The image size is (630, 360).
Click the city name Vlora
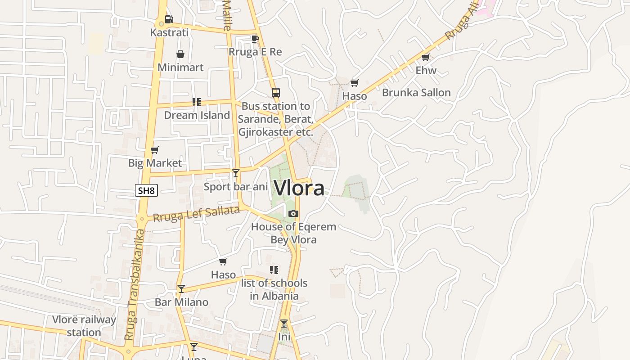pyautogui.click(x=299, y=188)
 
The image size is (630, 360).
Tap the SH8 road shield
pyautogui.click(x=146, y=191)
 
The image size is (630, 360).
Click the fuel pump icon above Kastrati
pyautogui.click(x=169, y=19)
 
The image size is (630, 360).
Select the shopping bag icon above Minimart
pyautogui.click(x=180, y=54)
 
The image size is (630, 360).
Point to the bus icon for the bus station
pyautogui.click(x=276, y=93)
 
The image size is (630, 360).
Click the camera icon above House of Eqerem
pyautogui.click(x=293, y=214)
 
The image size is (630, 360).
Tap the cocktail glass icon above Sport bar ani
pyautogui.click(x=236, y=173)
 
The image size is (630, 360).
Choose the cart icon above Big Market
pyautogui.click(x=155, y=150)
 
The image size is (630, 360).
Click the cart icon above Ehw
pyautogui.click(x=426, y=57)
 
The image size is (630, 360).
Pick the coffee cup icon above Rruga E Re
pyautogui.click(x=255, y=39)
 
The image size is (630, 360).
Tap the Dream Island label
pyautogui.click(x=197, y=115)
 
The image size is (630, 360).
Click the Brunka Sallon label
pyautogui.click(x=416, y=93)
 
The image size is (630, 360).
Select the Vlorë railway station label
pyautogui.click(x=84, y=326)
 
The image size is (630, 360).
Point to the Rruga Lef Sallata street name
pyautogui.click(x=196, y=214)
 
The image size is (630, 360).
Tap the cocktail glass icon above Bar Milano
pyautogui.click(x=181, y=289)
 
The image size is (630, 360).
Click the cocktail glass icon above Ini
pyautogui.click(x=284, y=324)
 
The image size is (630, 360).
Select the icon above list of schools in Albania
pyautogui.click(x=274, y=270)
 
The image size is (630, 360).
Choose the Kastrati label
pyautogui.click(x=169, y=32)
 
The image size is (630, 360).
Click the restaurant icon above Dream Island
pyautogui.click(x=197, y=102)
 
